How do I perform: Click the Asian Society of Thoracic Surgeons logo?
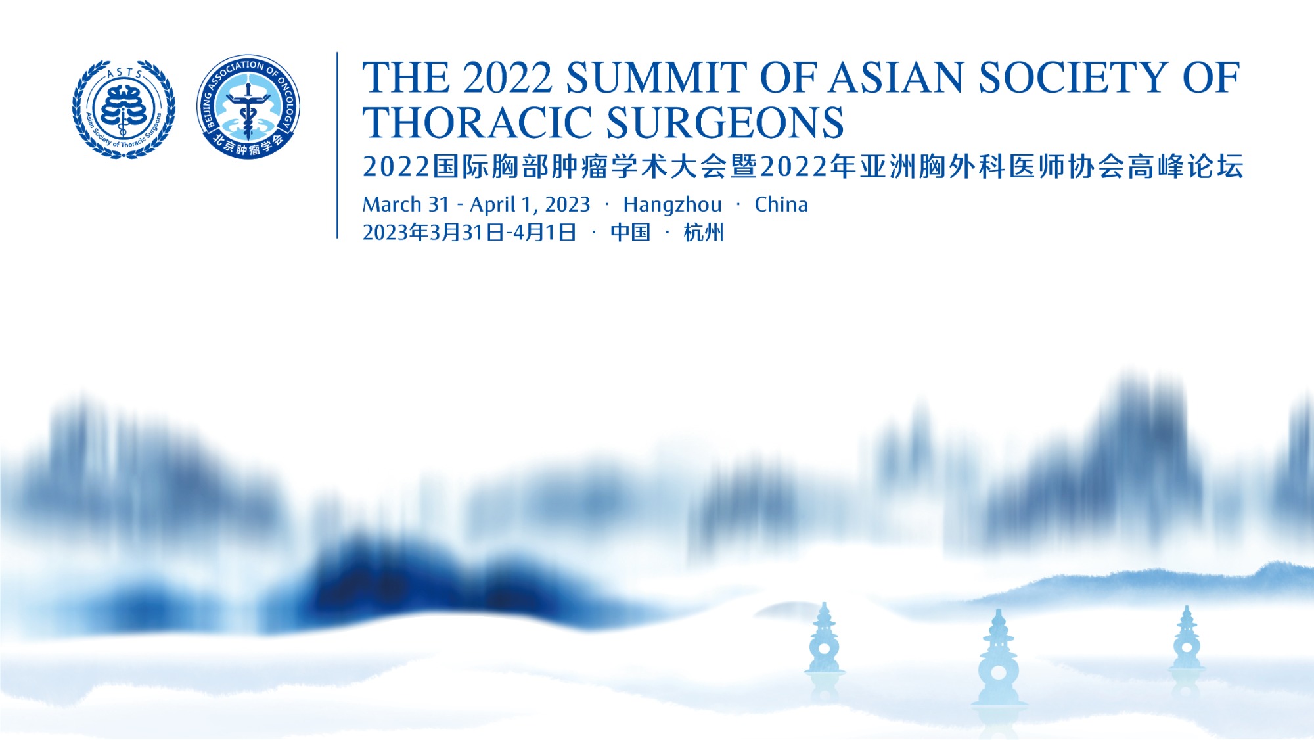(x=124, y=109)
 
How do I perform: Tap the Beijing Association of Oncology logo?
(x=248, y=107)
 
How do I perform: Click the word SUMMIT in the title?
(x=656, y=78)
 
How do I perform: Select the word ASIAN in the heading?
(x=896, y=78)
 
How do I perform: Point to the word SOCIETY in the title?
(x=1074, y=78)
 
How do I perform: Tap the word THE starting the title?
(x=405, y=78)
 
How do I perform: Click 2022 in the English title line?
(x=507, y=78)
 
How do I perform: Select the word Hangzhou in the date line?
(x=672, y=205)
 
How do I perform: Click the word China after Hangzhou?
(x=781, y=204)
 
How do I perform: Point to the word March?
(x=393, y=204)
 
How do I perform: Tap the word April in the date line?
(x=492, y=205)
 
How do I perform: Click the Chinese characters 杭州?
(x=704, y=233)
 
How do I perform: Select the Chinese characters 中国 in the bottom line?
(x=630, y=233)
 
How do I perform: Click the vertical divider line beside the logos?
(x=337, y=145)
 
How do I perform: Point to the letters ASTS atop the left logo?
(x=124, y=72)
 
